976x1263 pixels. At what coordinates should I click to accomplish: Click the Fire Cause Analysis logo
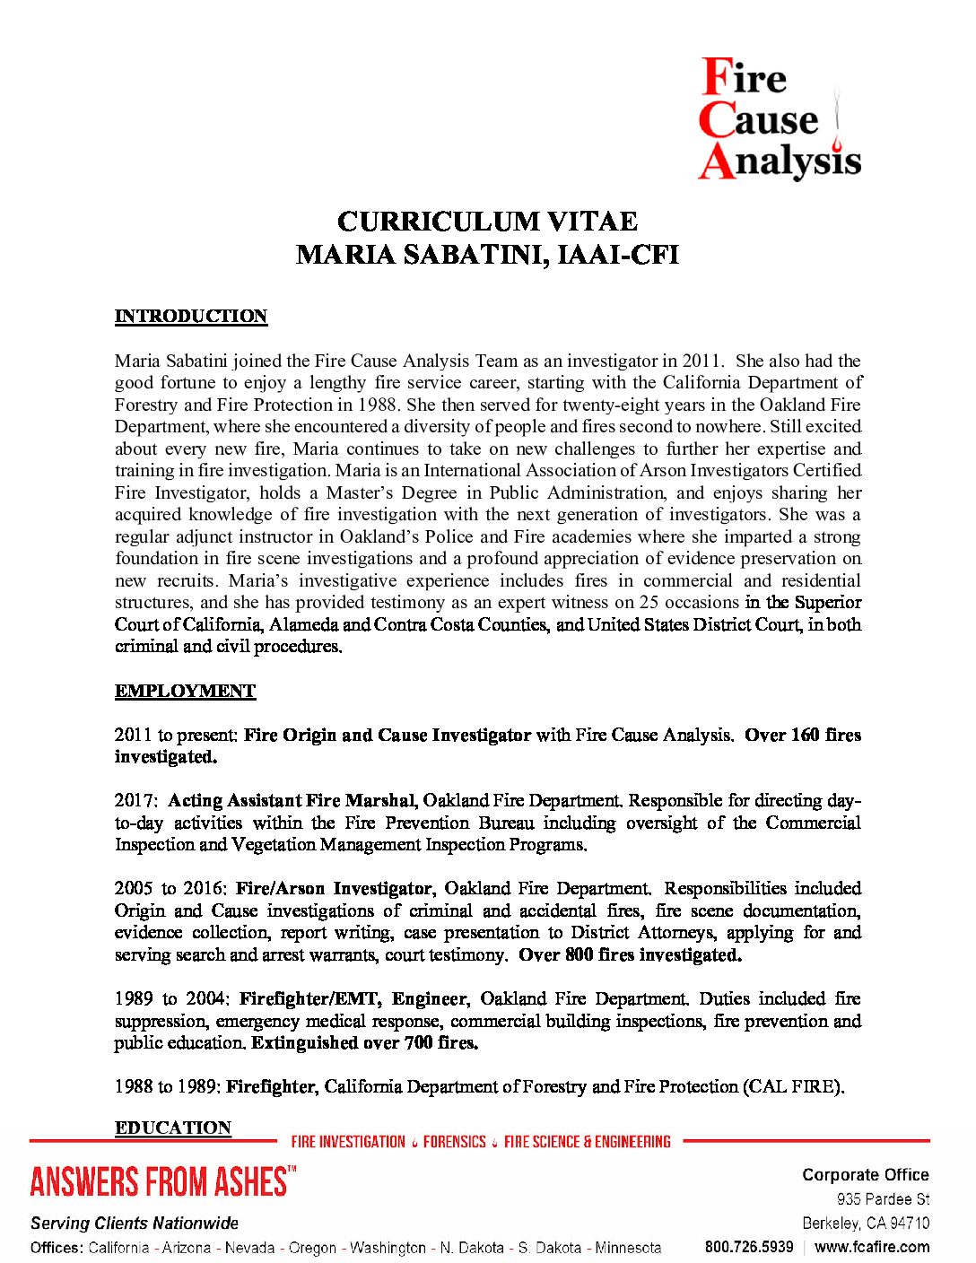tap(779, 119)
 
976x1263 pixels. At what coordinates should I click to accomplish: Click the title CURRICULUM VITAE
tap(487, 222)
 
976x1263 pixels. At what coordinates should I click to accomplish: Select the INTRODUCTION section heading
tap(190, 317)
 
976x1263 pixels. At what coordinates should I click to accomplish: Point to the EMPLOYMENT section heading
tap(185, 691)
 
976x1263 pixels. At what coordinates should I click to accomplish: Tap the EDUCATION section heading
tap(173, 1128)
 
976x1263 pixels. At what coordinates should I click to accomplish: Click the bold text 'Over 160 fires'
tap(802, 735)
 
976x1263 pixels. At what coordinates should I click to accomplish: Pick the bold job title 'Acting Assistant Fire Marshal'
tap(292, 800)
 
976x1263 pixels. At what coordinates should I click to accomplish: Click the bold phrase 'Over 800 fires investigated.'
tap(630, 954)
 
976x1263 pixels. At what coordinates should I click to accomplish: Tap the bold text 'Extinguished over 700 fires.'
tap(364, 1042)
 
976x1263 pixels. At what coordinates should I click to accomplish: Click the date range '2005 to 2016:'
tap(171, 888)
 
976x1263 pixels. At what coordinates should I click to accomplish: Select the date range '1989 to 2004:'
tap(173, 998)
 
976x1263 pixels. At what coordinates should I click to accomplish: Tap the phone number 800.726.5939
tap(749, 1247)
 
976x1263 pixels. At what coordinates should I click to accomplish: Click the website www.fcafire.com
tap(872, 1247)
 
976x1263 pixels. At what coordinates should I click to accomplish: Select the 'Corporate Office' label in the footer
tap(865, 1175)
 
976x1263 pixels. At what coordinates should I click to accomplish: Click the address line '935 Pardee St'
tap(883, 1199)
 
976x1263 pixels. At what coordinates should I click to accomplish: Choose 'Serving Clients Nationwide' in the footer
tap(135, 1223)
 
